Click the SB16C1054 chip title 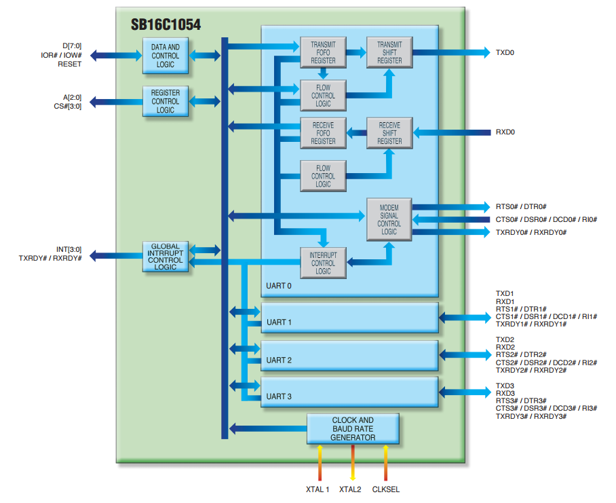[x=166, y=25]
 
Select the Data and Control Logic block [x=166, y=56]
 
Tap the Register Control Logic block [x=166, y=101]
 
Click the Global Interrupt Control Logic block [x=166, y=257]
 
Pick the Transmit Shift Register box [x=389, y=52]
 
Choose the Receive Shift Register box [x=389, y=133]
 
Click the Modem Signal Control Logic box [x=389, y=219]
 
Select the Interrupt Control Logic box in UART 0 [x=323, y=263]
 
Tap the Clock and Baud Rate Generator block [x=353, y=429]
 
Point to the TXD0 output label [x=505, y=52]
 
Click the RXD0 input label [x=505, y=132]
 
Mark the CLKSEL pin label [x=386, y=489]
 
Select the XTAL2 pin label [x=351, y=489]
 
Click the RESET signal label [x=71, y=64]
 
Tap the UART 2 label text [x=279, y=360]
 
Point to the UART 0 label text [x=279, y=286]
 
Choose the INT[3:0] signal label [x=67, y=249]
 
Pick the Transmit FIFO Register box [x=323, y=52]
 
